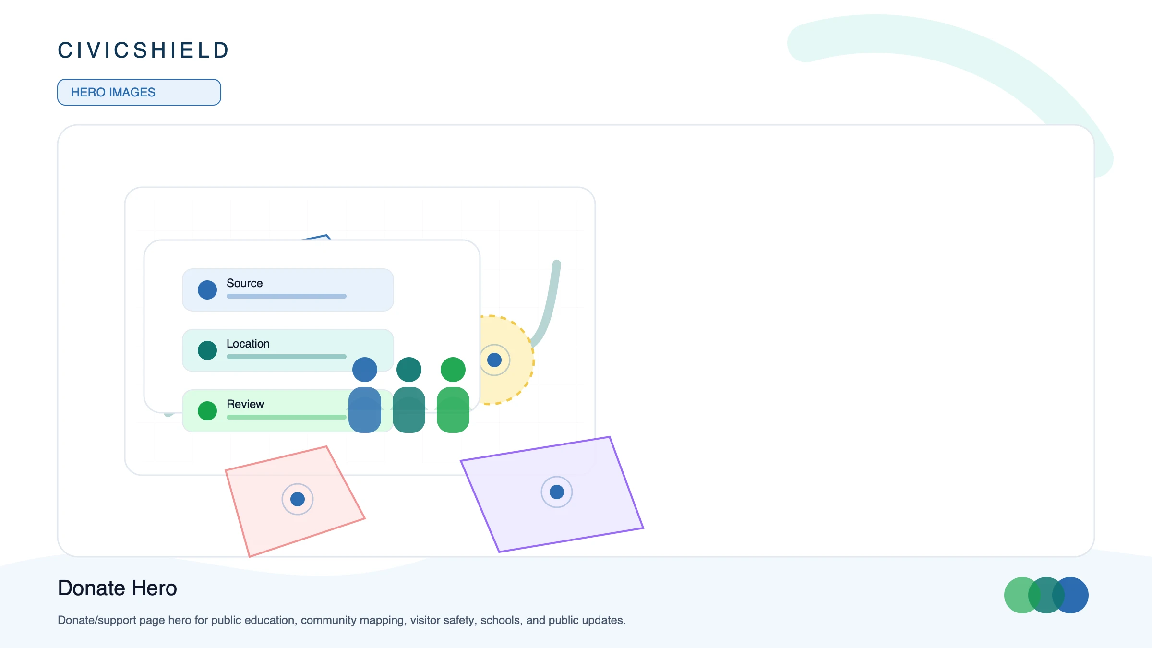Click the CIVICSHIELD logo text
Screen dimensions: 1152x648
(x=143, y=50)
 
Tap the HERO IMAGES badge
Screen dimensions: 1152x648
(x=139, y=92)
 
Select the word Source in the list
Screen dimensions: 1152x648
(x=244, y=283)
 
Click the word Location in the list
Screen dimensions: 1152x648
(x=248, y=344)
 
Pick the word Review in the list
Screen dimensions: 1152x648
(x=245, y=404)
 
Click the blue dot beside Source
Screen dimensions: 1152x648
(x=207, y=290)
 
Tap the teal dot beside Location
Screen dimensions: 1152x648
(x=207, y=350)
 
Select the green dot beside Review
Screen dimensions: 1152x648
(x=207, y=411)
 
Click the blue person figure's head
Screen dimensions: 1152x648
(x=365, y=370)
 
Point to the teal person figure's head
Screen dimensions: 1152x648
(x=409, y=370)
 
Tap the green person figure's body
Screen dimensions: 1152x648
(x=453, y=410)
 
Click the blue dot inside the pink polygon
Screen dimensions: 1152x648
(x=298, y=499)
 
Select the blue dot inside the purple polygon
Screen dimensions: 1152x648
(x=557, y=492)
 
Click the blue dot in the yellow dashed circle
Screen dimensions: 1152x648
(x=494, y=360)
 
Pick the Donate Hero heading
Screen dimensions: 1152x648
(x=118, y=588)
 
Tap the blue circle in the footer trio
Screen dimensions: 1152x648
(x=1073, y=595)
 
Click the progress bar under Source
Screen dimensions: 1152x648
(x=287, y=296)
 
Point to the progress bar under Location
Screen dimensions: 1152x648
(x=287, y=357)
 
